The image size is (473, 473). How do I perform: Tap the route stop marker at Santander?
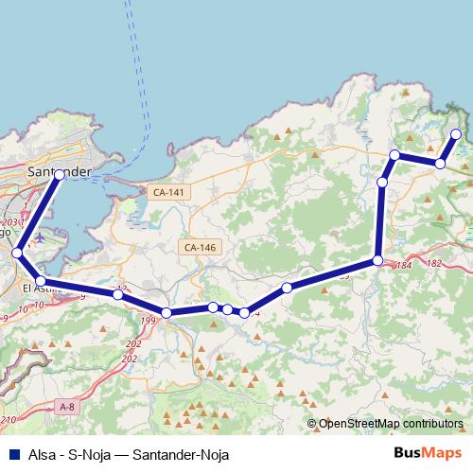pyautogui.click(x=60, y=174)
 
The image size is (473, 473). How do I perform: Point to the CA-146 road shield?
pyautogui.click(x=200, y=247)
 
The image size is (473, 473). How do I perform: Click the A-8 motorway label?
pyautogui.click(x=66, y=407)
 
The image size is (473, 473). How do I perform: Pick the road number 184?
pyautogui.click(x=403, y=266)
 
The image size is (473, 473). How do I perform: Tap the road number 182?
pyautogui.click(x=434, y=263)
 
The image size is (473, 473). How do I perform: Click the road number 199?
pyautogui.click(x=148, y=323)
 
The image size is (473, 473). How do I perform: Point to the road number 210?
pyautogui.click(x=9, y=419)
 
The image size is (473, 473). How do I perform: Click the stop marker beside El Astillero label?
pyautogui.click(x=41, y=281)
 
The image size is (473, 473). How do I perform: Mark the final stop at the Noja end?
pyautogui.click(x=456, y=134)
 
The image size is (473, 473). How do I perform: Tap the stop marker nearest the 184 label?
pyautogui.click(x=377, y=260)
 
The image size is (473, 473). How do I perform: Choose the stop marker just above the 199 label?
pyautogui.click(x=166, y=312)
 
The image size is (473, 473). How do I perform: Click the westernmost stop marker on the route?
pyautogui.click(x=17, y=253)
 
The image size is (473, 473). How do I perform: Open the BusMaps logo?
pyautogui.click(x=428, y=453)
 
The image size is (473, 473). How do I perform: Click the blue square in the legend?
pyautogui.click(x=12, y=454)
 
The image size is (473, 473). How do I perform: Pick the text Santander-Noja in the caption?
pyautogui.click(x=182, y=454)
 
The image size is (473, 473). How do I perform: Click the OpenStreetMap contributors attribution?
pyautogui.click(x=391, y=424)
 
